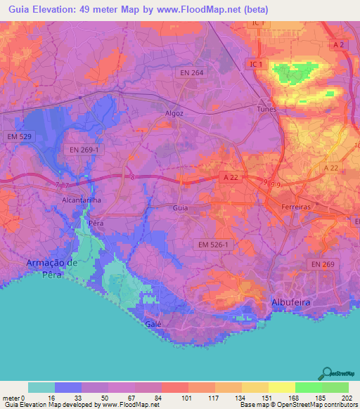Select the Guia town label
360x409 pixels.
click(181, 208)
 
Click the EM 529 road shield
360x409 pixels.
click(18, 136)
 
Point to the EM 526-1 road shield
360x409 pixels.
click(213, 244)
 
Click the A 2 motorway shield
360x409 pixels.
click(340, 45)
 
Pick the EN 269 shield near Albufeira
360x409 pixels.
click(324, 264)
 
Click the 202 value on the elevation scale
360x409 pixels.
click(345, 398)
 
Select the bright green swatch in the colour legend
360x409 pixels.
click(309, 387)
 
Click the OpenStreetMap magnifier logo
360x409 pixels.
click(326, 373)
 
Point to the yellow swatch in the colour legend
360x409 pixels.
click(282, 387)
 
